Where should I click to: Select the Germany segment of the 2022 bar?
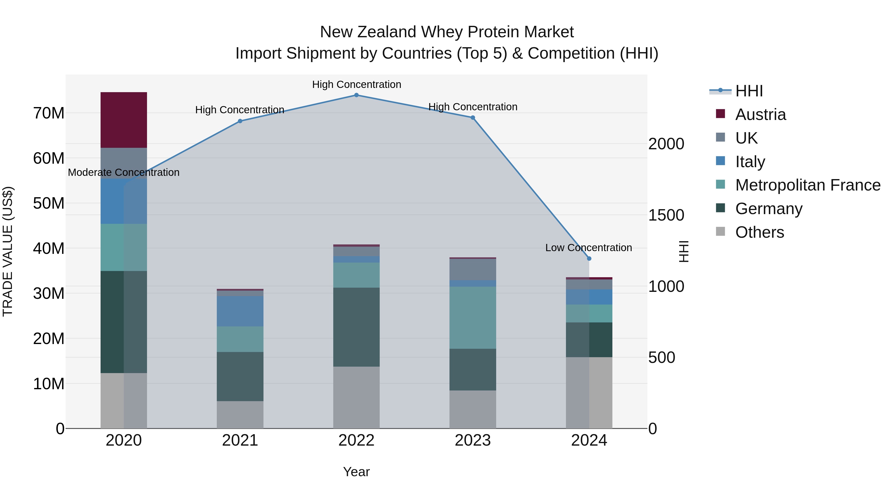tap(356, 327)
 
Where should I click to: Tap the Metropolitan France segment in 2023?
tap(472, 318)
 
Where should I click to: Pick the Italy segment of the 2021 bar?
tap(240, 311)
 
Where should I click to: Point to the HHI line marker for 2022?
tap(356, 95)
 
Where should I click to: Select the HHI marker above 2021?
tap(240, 121)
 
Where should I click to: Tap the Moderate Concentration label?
tap(124, 173)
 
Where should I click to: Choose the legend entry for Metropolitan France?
tap(807, 185)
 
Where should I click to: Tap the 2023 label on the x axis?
tap(472, 440)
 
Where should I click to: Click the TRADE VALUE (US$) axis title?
tap(8, 251)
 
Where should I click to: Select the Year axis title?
tap(356, 472)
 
